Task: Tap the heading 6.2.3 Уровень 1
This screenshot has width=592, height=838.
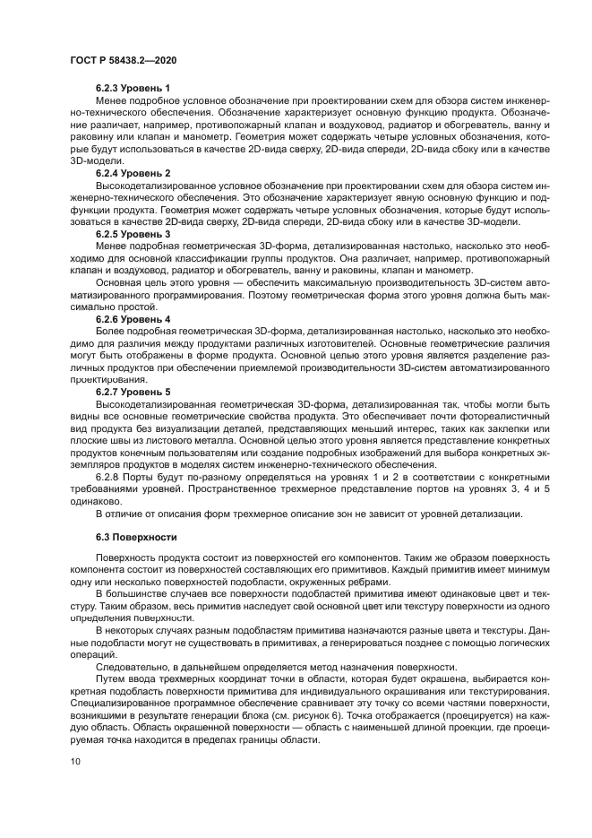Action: pos(133,88)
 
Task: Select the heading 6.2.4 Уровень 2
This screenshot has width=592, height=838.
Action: pos(133,172)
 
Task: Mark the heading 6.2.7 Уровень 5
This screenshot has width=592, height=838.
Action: pos(133,393)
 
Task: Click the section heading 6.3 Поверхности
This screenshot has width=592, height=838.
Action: pos(123,538)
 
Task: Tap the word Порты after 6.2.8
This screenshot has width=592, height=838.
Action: pos(146,477)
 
